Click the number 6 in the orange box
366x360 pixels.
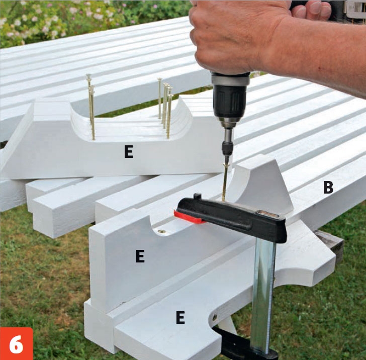16,344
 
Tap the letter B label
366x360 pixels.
328,187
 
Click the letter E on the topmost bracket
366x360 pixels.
129,152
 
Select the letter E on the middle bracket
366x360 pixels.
140,256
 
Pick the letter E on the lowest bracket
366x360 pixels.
180,317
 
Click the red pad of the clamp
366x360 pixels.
189,218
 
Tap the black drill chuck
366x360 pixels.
230,101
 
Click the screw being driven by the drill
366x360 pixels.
225,182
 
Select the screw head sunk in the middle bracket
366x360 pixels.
161,232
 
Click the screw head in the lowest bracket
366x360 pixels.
215,317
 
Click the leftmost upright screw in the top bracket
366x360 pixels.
90,108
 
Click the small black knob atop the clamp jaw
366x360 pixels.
198,196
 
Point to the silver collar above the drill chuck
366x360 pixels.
230,78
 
